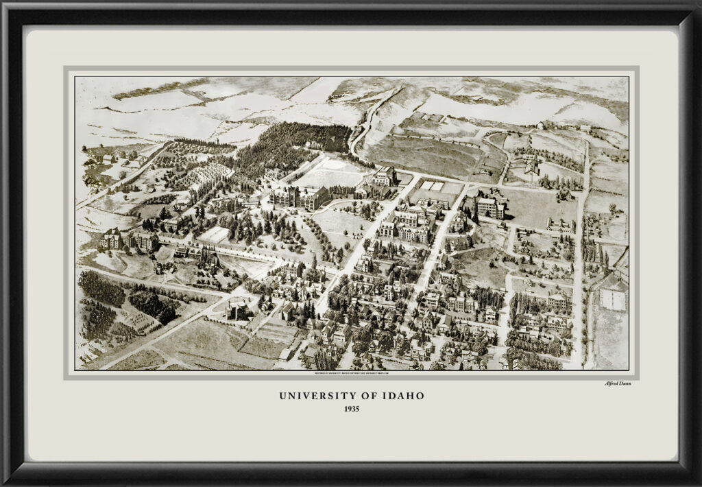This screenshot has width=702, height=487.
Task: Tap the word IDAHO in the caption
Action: [403, 396]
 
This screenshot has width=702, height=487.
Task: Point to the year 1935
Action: [350, 409]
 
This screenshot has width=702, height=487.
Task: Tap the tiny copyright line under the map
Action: [351, 373]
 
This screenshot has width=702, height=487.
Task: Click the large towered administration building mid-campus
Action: [299, 198]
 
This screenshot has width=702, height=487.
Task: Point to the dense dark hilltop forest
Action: [302, 141]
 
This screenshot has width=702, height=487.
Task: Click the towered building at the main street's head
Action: [385, 176]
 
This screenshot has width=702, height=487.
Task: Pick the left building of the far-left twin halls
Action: [112, 239]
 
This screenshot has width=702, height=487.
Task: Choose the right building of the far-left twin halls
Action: [143, 239]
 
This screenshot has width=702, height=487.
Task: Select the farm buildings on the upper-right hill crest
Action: [562, 126]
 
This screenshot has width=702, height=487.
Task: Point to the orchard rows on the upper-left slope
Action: [206, 175]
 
